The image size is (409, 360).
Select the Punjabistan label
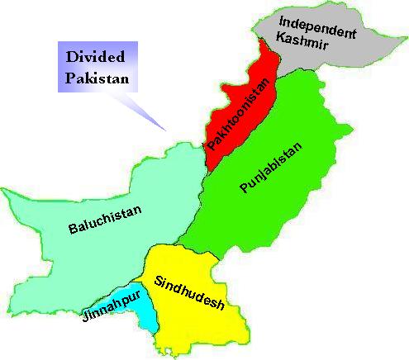click(x=271, y=168)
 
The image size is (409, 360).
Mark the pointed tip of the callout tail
click(x=165, y=130)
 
